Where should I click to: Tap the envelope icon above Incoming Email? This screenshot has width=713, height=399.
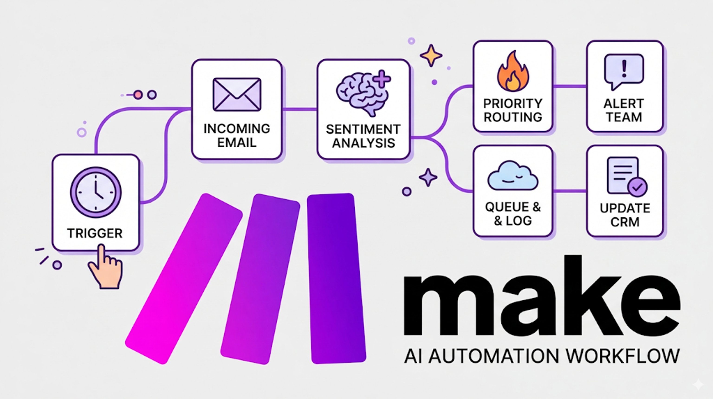pos(237,95)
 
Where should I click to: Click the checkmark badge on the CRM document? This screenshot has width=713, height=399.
pos(637,187)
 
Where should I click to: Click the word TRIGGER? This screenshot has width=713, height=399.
pos(95,233)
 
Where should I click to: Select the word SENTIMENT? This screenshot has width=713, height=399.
pos(363,129)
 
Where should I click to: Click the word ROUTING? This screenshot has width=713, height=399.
pos(513,117)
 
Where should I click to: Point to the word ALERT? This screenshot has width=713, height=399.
pos(624,104)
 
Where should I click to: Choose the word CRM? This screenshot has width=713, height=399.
pos(625,222)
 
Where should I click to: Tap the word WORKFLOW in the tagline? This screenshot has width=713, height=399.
pos(623,356)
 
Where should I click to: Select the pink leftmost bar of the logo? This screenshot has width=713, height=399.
pos(184,278)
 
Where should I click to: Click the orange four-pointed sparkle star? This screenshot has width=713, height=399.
pos(431,55)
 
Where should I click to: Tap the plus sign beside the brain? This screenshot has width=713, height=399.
pos(382,79)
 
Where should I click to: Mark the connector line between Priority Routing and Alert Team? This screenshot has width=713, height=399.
pos(569,86)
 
